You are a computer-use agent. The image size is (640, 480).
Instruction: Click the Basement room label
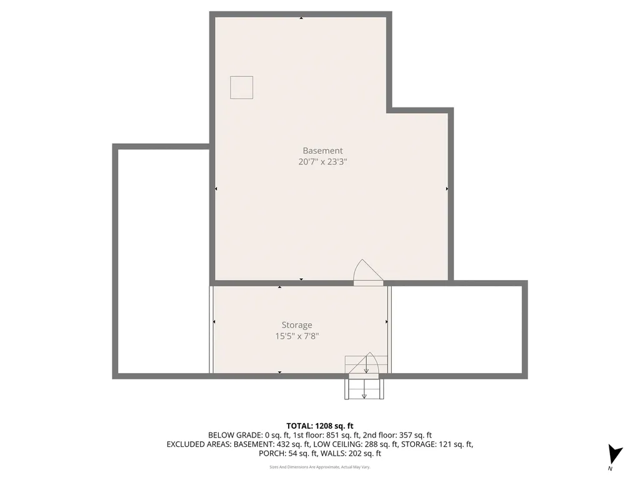(322, 151)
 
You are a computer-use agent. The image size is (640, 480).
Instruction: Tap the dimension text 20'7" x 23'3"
(322, 162)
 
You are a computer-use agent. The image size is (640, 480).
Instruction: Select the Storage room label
(296, 325)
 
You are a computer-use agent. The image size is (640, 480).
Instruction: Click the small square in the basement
(241, 87)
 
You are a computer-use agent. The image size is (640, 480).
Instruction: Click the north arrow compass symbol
(614, 454)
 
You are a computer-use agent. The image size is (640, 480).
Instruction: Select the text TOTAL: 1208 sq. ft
(320, 426)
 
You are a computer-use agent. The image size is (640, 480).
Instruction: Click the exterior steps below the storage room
(364, 389)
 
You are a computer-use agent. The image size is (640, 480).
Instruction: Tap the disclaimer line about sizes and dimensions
(320, 467)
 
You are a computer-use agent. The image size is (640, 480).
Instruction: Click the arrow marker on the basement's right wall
(447, 188)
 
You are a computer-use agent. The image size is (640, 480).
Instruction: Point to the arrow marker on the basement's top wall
(301, 18)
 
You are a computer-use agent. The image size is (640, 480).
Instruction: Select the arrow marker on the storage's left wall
(214, 322)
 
